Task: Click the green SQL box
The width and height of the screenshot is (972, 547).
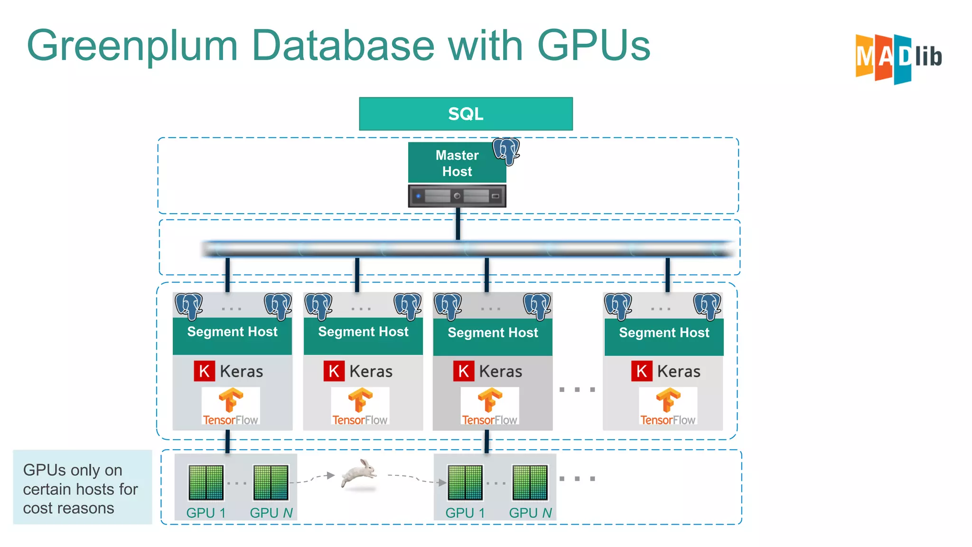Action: coord(466,114)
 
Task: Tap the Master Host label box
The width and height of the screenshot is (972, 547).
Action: coord(457,163)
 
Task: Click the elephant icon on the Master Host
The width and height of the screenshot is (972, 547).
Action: coord(506,151)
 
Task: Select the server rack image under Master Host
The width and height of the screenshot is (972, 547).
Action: coord(457,196)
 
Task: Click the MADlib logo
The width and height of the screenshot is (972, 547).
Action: coord(898,58)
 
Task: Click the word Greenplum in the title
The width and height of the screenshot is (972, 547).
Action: coord(132,46)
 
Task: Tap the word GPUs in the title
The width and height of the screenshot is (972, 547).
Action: coord(593,46)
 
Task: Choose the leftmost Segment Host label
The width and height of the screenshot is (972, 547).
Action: coord(232,332)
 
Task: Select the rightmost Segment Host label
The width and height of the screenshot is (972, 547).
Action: coord(664,333)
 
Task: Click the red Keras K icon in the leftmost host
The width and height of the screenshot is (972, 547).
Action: coord(204,371)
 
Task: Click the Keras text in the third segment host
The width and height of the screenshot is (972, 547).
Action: coord(500,371)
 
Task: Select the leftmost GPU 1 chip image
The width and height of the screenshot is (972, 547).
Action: coord(206,482)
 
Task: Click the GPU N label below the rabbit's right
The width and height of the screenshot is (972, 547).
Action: coord(530,513)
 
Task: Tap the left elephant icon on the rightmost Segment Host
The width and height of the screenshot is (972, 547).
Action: coord(618,306)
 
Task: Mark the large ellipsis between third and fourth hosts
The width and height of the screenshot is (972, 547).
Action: coord(577,390)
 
